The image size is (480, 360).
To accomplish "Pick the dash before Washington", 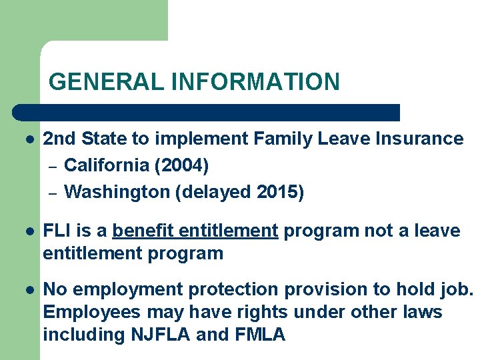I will point(53,193).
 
